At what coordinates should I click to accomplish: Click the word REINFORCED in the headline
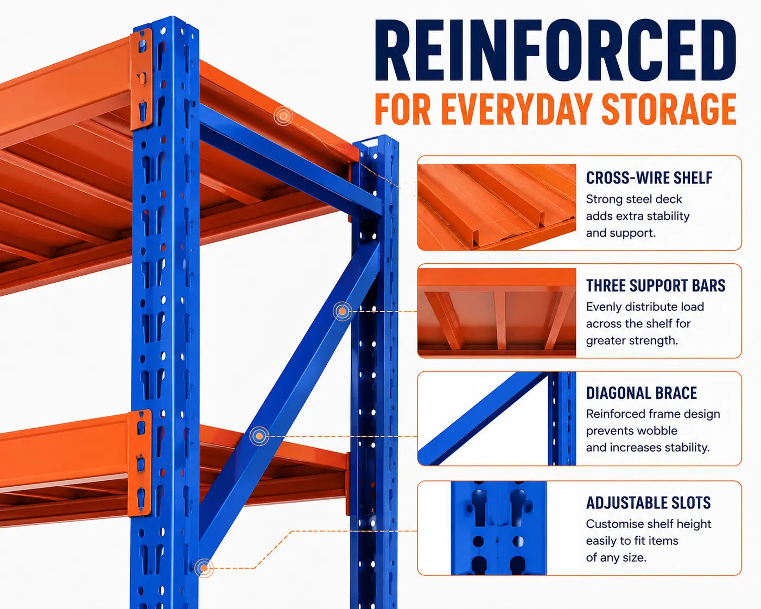tap(555, 50)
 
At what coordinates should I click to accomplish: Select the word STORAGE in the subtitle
tap(669, 109)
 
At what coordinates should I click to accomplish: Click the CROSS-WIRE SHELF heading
tap(649, 177)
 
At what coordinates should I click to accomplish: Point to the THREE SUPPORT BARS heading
tap(656, 286)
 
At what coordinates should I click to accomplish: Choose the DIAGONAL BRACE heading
tap(642, 393)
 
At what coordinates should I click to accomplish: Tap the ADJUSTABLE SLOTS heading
tap(648, 503)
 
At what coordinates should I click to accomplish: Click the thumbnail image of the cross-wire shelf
tap(497, 207)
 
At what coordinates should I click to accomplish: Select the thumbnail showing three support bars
tap(497, 313)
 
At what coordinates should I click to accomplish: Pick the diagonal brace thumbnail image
tap(497, 418)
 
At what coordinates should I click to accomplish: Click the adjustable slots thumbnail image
tap(499, 528)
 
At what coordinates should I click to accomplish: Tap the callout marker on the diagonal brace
tap(342, 311)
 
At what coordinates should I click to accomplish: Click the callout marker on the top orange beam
tap(283, 116)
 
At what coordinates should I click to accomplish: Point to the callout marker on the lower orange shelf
tap(259, 436)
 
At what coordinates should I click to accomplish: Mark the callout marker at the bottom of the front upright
tap(204, 568)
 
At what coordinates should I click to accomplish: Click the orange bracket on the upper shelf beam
tap(141, 79)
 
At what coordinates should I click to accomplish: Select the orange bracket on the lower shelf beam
tap(140, 463)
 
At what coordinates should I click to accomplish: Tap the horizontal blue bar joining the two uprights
tap(291, 161)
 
